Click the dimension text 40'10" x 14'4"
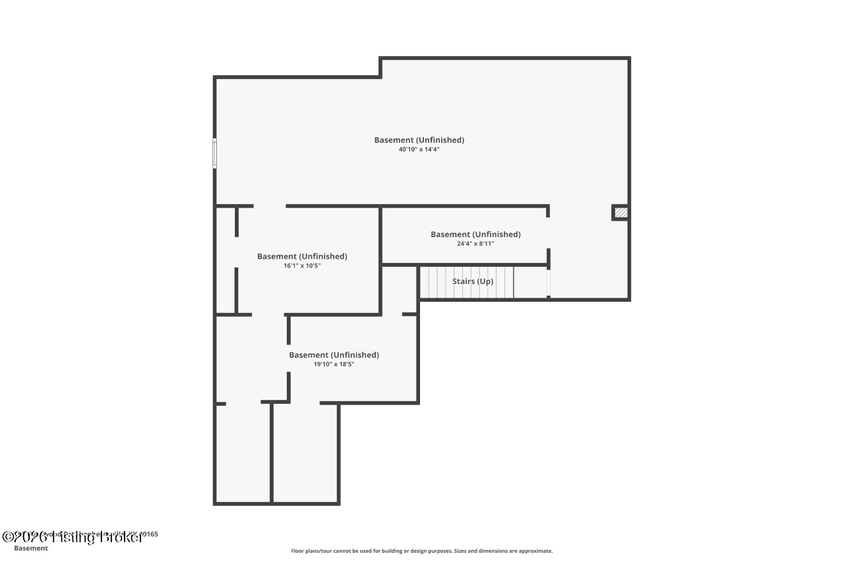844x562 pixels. [419, 150]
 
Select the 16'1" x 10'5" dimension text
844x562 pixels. [302, 266]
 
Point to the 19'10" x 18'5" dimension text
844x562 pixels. [334, 364]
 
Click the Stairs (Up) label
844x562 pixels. [473, 281]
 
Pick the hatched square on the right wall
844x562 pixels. [620, 213]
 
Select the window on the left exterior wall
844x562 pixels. [214, 153]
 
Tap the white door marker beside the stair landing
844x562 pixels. [549, 283]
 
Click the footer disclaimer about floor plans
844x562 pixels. [422, 551]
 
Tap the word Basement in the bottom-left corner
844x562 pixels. [31, 548]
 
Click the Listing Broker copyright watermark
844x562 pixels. [73, 537]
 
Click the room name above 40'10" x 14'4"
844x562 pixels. [419, 140]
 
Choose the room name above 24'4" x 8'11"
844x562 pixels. [475, 234]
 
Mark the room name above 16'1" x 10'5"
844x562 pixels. [302, 256]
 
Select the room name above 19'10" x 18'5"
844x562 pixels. [334, 355]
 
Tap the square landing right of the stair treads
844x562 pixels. [530, 282]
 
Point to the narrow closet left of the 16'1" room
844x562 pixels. [226, 260]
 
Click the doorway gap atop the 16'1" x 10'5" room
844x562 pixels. [270, 206]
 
